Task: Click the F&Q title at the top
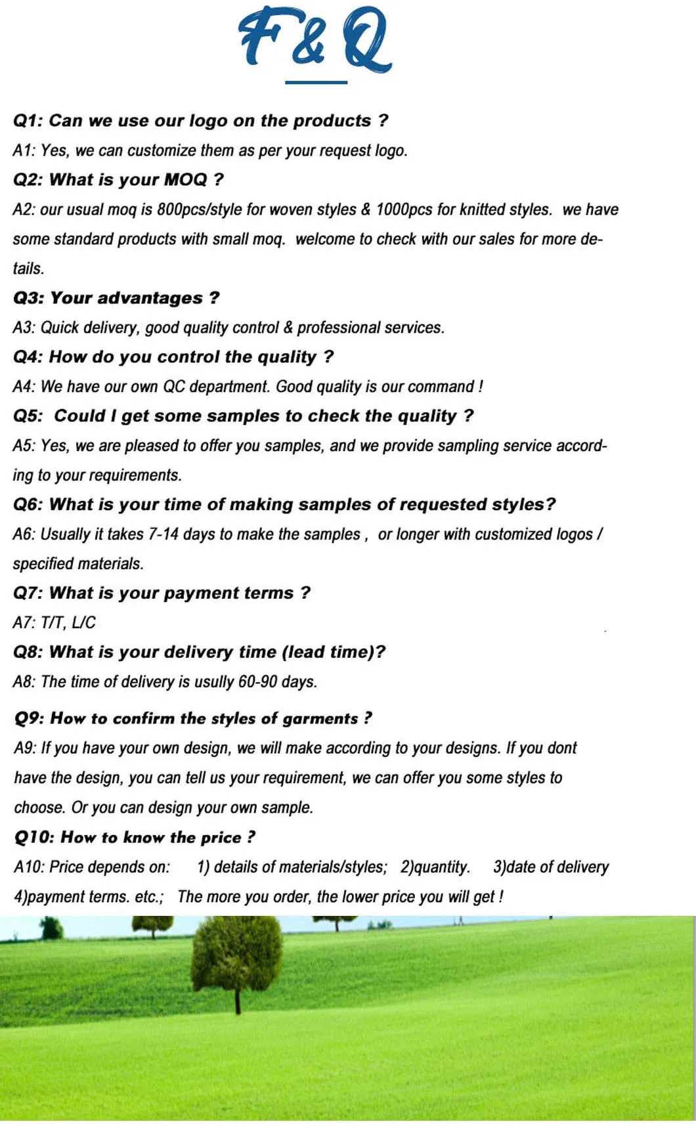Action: click(x=315, y=39)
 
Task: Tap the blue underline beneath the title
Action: click(x=316, y=83)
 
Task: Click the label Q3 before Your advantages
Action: click(x=28, y=298)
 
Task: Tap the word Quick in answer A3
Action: click(x=60, y=328)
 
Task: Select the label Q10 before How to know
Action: click(x=34, y=838)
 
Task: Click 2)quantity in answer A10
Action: click(x=435, y=867)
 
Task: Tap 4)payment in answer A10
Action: click(x=52, y=897)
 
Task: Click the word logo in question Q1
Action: click(x=208, y=121)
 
